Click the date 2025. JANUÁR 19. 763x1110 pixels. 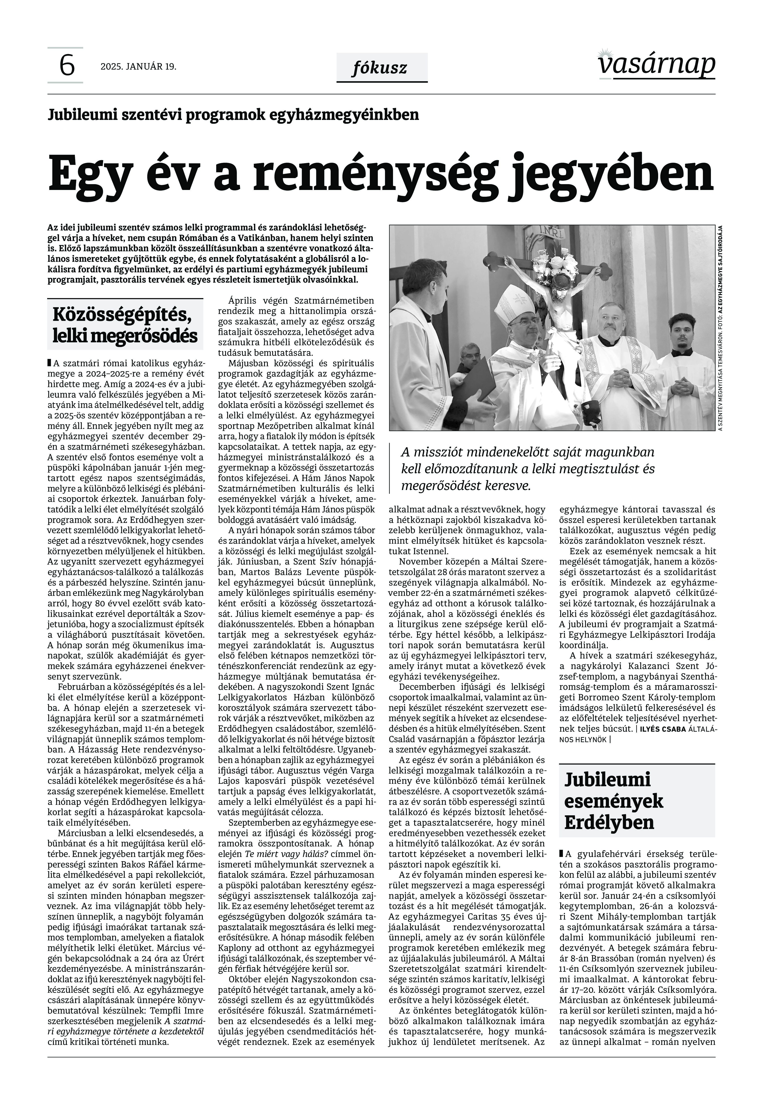[138, 66]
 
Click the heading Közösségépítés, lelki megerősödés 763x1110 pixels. [125, 325]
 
